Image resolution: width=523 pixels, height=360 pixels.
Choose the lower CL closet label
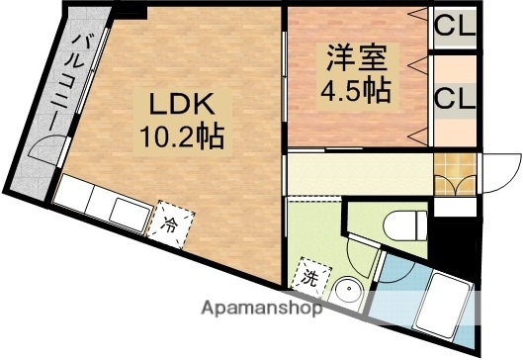[454, 99]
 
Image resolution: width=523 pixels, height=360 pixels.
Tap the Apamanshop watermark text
[261, 309]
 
